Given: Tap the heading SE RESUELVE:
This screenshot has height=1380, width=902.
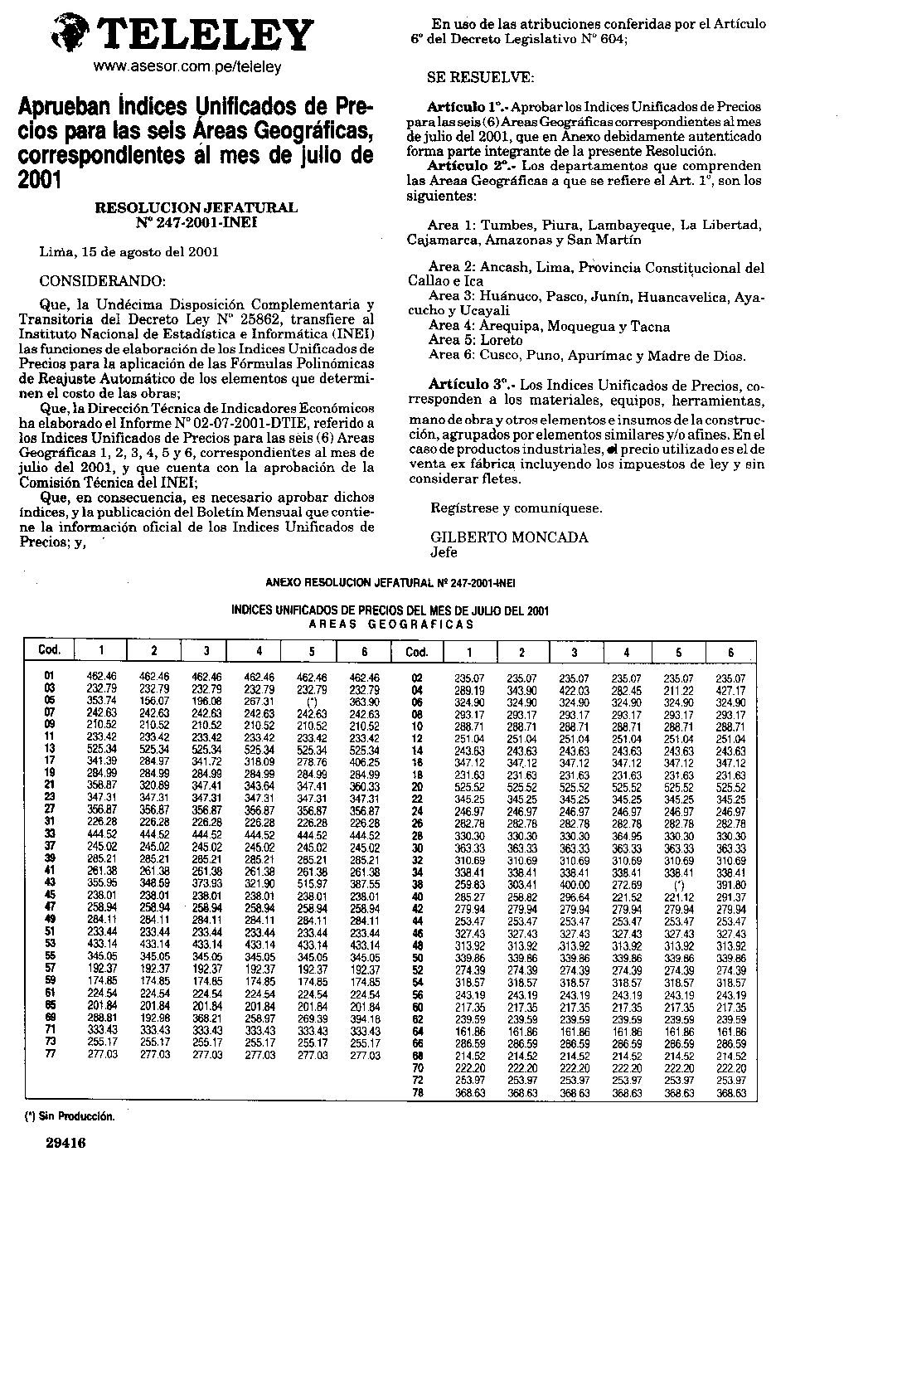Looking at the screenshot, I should click(481, 78).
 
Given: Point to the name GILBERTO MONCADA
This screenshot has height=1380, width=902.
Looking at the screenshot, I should click(510, 537).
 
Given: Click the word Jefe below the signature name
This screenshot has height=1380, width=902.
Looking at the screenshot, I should click(444, 552).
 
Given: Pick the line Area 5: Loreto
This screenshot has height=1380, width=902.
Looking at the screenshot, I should click(476, 341).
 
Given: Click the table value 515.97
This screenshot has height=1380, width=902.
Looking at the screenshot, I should click(313, 884).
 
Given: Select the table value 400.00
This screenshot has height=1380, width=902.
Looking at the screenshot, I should click(574, 886).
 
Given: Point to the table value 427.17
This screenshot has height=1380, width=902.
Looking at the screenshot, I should click(730, 690).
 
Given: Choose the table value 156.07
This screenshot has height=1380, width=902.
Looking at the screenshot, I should click(154, 702).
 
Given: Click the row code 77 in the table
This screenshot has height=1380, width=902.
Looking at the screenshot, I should click(50, 1055).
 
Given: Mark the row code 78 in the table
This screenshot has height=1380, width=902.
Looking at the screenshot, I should click(418, 1094).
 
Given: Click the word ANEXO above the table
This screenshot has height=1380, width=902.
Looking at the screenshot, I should click(283, 582).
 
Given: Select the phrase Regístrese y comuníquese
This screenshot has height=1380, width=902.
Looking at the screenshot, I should click(516, 508).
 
